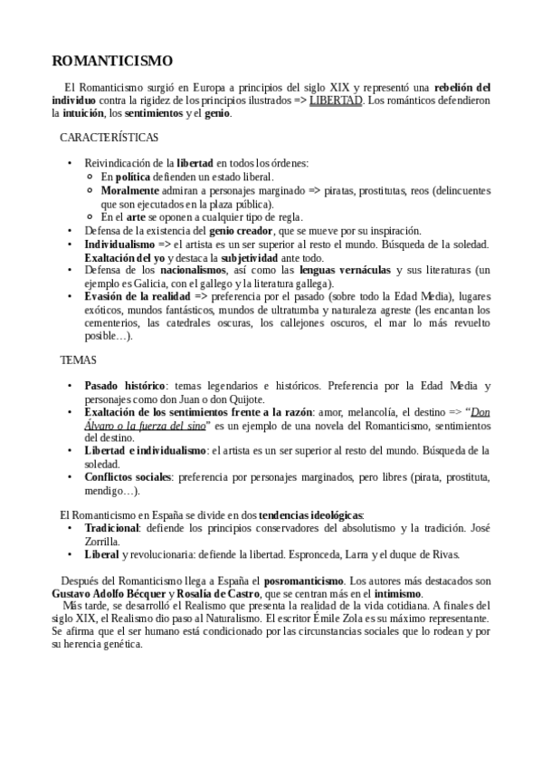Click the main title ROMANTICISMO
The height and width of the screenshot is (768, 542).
point(112,61)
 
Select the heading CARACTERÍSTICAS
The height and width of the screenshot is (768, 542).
point(109,138)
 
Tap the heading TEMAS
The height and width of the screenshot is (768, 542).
point(78,360)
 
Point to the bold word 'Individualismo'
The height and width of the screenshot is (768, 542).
point(119,245)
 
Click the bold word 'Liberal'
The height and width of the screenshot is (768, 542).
point(101,554)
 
